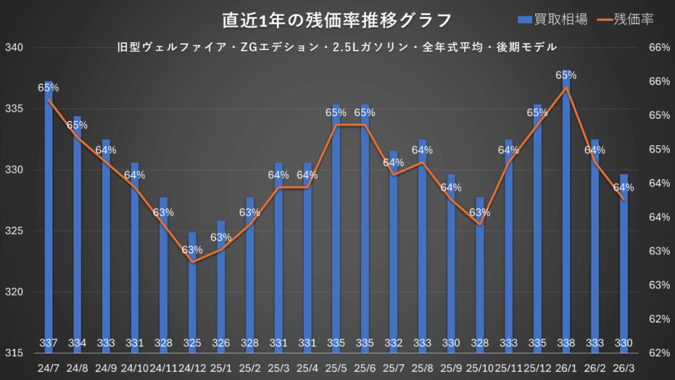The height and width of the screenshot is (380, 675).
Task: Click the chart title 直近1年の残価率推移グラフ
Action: [337, 20]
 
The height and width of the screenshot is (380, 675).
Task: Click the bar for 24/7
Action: [48, 218]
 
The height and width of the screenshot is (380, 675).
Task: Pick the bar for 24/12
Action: [192, 290]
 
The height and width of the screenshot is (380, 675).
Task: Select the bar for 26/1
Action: [566, 211]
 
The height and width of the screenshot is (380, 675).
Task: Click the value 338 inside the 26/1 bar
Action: [566, 342]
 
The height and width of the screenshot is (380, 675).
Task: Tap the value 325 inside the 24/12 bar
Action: [192, 342]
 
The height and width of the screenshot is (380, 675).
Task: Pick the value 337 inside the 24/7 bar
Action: [48, 342]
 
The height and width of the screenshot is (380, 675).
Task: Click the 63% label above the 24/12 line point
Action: [192, 250]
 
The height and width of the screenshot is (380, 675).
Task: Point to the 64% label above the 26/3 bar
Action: [624, 187]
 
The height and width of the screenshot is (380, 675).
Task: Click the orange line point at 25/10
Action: [480, 224]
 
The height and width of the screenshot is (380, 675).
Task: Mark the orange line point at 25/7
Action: [394, 175]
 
